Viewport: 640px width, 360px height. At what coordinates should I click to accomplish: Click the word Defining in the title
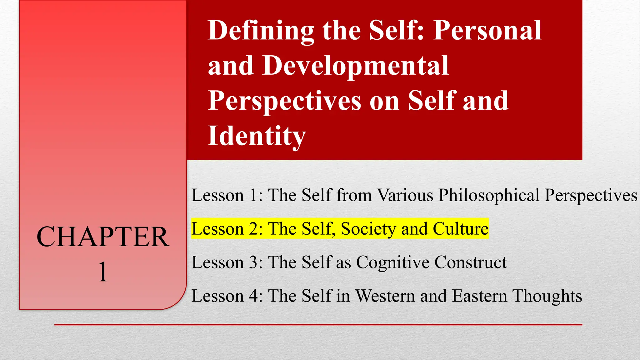(261, 31)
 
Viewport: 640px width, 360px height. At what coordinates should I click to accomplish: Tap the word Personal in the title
(487, 31)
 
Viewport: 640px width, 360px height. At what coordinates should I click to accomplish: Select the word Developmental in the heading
(356, 66)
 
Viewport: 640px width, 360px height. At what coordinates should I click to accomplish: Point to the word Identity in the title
(257, 136)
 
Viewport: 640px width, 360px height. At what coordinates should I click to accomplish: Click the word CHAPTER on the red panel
(103, 237)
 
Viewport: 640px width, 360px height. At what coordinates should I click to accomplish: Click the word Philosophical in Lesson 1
(489, 196)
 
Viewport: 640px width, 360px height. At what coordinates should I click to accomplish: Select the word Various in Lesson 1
(405, 195)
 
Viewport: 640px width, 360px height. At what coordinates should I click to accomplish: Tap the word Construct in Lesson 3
(471, 262)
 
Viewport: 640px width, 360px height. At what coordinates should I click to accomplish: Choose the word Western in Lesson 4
(385, 296)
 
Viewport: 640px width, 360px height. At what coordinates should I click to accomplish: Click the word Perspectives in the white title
(284, 101)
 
